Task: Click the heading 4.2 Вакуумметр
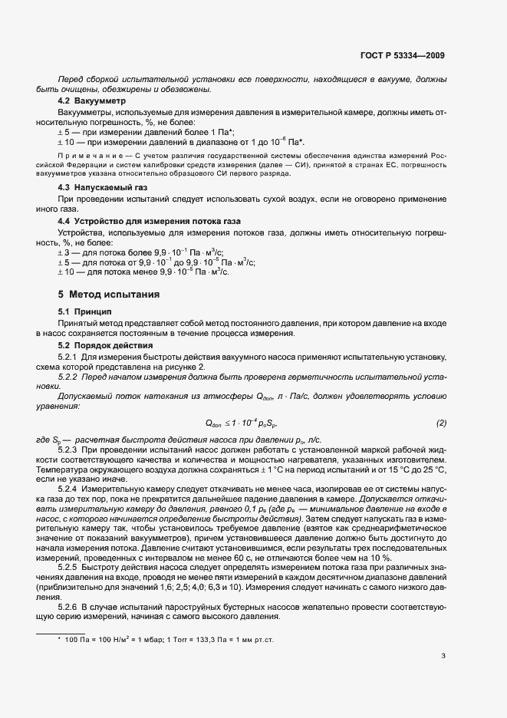pyautogui.click(x=92, y=101)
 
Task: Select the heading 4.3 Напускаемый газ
pyautogui.click(x=104, y=187)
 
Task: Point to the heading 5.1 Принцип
pyautogui.click(x=84, y=312)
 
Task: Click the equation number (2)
pyautogui.click(x=441, y=423)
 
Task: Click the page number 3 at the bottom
pyautogui.click(x=443, y=656)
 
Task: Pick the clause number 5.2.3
pyautogui.click(x=69, y=447)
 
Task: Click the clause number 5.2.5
pyautogui.click(x=69, y=567)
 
